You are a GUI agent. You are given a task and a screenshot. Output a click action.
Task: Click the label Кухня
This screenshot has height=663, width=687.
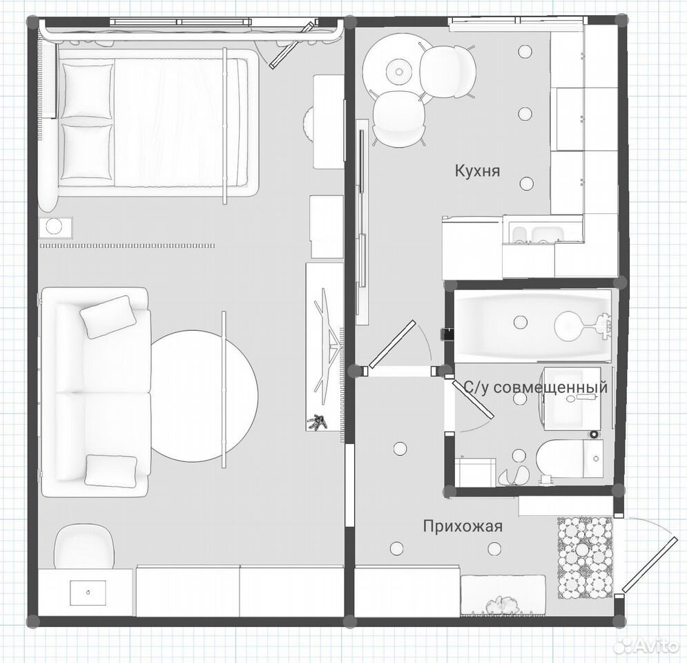(x=477, y=171)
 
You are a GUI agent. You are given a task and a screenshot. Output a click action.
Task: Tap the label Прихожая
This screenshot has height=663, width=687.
(x=463, y=526)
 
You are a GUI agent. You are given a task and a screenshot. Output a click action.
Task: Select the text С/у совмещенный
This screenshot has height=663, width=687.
(x=536, y=387)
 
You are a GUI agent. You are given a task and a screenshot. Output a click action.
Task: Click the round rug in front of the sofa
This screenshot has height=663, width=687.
(x=204, y=396)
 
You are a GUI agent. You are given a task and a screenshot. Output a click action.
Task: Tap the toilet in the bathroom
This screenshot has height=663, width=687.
(x=570, y=459)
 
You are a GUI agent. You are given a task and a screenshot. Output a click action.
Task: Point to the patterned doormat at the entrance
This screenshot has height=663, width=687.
(x=585, y=558)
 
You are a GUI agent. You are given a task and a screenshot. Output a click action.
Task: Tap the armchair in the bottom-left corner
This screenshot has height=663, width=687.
(x=84, y=547)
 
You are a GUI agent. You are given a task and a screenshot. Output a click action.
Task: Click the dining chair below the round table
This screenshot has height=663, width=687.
(x=398, y=119)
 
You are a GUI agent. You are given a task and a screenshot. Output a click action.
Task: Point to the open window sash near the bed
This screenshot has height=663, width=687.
(x=292, y=46)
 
